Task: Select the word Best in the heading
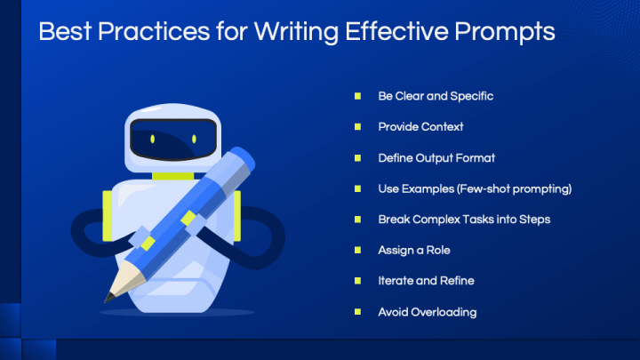pyautogui.click(x=65, y=32)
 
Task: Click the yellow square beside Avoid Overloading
pyautogui.click(x=357, y=312)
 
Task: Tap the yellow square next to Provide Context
pyautogui.click(x=357, y=127)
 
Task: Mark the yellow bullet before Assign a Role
pyautogui.click(x=357, y=250)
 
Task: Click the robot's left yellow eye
pyautogui.click(x=153, y=139)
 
